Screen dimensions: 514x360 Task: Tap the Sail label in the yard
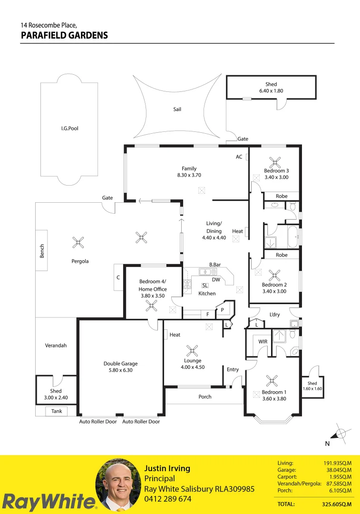tap(177, 109)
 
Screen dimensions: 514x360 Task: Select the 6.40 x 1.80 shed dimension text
tap(271, 90)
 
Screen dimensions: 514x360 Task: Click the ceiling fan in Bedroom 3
tap(274, 161)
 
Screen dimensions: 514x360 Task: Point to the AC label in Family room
tap(239, 157)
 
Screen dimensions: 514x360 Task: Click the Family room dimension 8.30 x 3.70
tap(189, 175)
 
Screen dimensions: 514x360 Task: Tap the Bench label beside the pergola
tap(42, 251)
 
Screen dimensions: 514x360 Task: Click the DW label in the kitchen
tap(216, 280)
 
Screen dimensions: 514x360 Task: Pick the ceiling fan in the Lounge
tap(192, 351)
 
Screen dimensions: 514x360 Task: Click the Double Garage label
tap(120, 364)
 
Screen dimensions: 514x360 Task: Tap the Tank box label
tap(56, 411)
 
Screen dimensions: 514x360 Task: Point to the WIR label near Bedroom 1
tap(263, 342)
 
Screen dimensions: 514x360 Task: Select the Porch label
tap(205, 396)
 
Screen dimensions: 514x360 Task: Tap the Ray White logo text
tap(49, 502)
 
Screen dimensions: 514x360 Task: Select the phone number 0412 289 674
tap(168, 499)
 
